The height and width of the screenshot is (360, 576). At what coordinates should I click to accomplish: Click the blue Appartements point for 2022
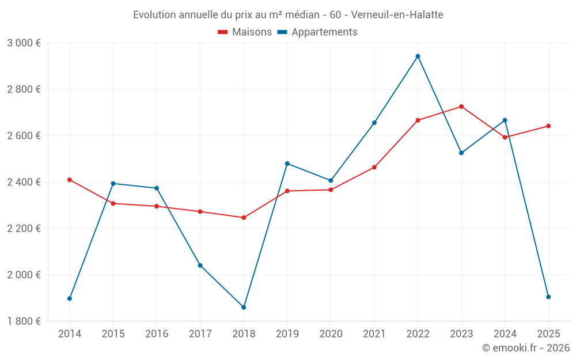tap(418, 56)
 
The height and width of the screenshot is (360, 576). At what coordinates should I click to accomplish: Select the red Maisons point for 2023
tap(461, 107)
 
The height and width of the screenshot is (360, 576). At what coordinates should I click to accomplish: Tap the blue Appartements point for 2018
tap(244, 308)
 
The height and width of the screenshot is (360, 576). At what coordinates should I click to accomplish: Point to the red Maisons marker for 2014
tap(70, 180)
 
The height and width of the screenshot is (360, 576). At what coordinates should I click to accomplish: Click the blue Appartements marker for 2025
tap(548, 297)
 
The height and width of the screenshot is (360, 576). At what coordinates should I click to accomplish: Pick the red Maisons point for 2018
tap(244, 218)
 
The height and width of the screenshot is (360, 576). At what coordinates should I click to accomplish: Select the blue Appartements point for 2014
tap(70, 298)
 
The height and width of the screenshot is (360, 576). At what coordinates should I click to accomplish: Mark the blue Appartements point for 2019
tap(287, 164)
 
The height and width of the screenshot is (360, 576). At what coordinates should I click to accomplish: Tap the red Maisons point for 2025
tap(548, 126)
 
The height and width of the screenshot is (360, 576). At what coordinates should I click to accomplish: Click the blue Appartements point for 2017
tap(200, 266)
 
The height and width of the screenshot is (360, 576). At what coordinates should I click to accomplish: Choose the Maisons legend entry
tap(245, 32)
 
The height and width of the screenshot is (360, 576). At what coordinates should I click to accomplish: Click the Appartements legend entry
tap(317, 32)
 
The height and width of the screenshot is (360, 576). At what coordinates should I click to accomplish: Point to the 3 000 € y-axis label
tap(24, 43)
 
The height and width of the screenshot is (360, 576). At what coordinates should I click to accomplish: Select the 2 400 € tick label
tap(24, 182)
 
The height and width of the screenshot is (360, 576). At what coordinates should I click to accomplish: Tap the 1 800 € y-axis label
tap(24, 321)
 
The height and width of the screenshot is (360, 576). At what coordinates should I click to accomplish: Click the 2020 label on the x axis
tap(331, 334)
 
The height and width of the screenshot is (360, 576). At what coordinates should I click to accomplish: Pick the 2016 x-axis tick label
tap(157, 334)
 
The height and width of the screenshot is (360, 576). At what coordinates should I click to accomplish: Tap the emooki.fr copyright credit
tap(525, 348)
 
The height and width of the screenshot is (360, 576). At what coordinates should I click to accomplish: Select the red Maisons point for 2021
tap(374, 168)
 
